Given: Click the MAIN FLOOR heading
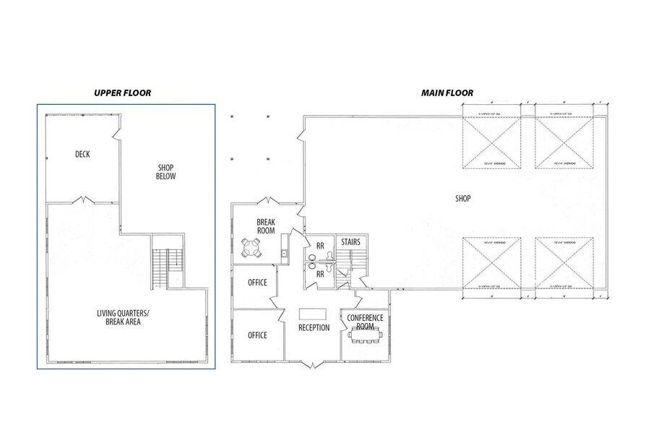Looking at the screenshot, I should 447,93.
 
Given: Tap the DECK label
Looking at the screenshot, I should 82,154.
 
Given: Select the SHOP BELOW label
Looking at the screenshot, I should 166,172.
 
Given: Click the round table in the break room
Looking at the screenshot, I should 251,248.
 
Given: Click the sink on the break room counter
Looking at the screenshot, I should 285,253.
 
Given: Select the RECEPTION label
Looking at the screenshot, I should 314,328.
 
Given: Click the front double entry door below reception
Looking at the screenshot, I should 313,364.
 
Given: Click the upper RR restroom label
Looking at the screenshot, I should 319,246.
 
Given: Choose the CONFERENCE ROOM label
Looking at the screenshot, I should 365,322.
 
